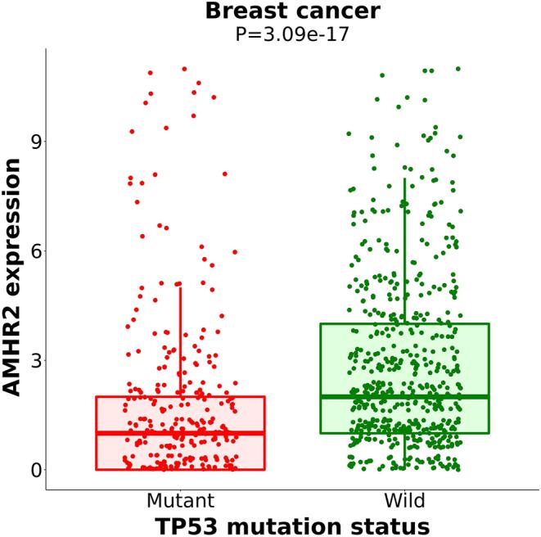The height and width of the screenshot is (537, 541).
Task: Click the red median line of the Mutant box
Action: (180, 433)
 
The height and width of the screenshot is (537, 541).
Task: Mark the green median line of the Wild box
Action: (404, 396)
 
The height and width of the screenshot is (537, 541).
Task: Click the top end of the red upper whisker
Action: (180, 287)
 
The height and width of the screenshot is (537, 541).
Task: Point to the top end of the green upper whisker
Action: (404, 178)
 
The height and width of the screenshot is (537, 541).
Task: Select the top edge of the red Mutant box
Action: (180, 397)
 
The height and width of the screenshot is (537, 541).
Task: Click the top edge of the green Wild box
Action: (404, 323)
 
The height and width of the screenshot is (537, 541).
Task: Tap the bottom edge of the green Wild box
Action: (404, 433)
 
